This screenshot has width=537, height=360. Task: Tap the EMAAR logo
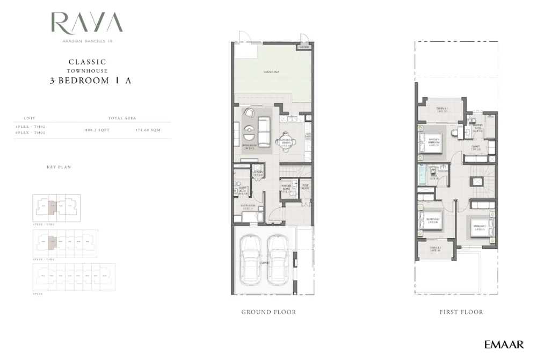[504, 344]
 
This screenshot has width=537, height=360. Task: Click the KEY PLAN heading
[59, 167]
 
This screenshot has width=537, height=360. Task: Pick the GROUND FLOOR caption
[268, 312]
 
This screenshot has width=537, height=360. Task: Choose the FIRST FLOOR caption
[461, 312]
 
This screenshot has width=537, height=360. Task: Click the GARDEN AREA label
[271, 71]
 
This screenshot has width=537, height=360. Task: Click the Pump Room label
[305, 187]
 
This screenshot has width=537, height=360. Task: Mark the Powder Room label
[286, 188]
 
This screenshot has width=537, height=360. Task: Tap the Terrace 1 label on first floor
[441, 110]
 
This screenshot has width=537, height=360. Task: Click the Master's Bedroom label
[434, 141]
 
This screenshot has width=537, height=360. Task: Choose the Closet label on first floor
[475, 147]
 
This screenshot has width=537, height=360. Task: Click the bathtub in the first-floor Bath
[423, 176]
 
